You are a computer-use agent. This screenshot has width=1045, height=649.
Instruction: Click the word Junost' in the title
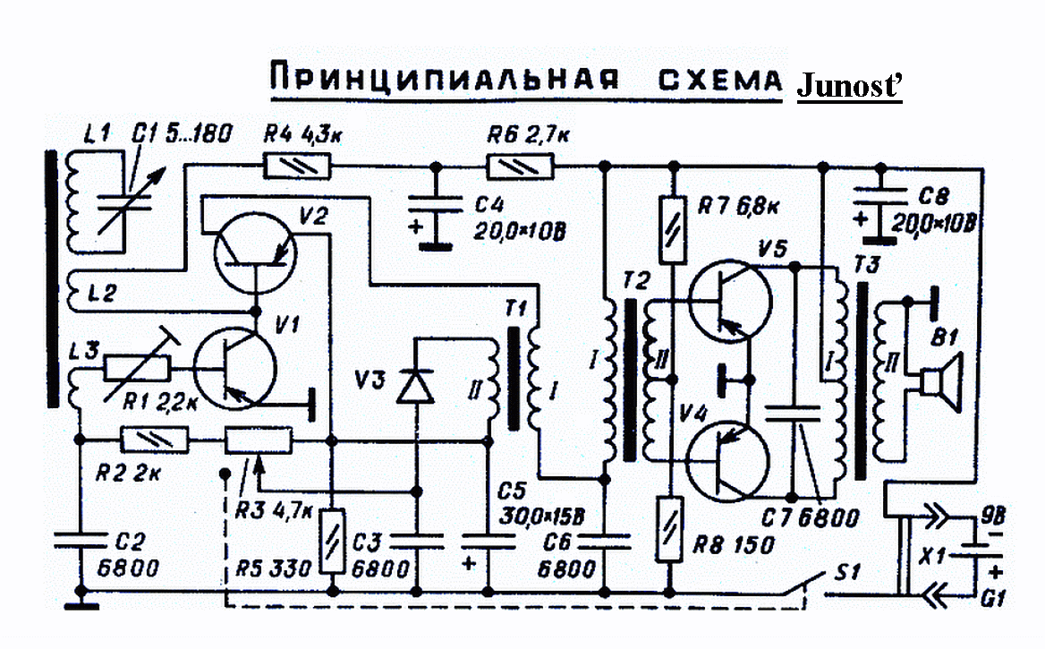point(849,86)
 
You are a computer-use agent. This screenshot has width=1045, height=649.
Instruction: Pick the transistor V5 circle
point(729,299)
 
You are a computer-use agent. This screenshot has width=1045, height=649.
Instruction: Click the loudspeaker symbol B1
point(939,381)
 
